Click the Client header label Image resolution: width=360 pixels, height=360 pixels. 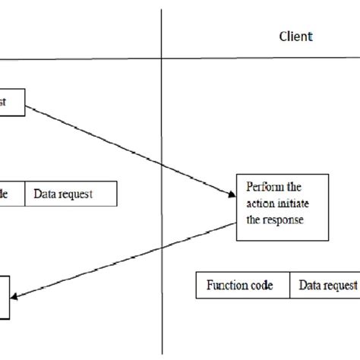pos(296,36)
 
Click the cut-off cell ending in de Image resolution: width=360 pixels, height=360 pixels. pos(11,194)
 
